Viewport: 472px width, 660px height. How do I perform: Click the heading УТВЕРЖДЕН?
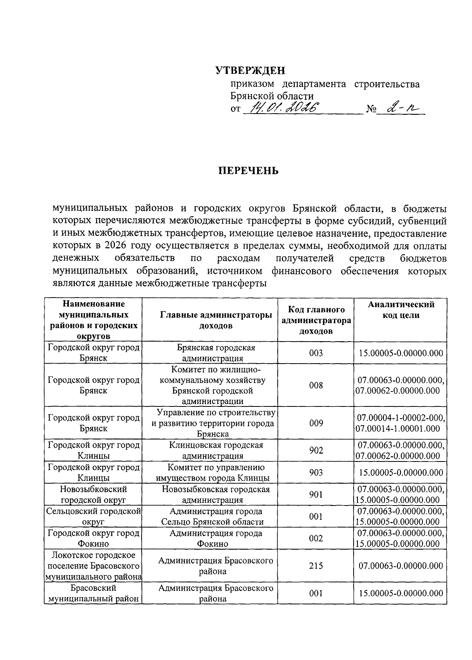coord(250,71)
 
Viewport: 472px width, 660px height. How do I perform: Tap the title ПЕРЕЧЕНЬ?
coord(249,171)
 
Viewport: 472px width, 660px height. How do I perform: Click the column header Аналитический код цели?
coord(401,310)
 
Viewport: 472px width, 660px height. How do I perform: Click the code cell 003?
coord(316,353)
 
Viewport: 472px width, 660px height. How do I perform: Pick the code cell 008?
coord(316,385)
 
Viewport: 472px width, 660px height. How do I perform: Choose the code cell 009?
coord(316,423)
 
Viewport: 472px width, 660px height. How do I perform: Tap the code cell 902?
coord(316,450)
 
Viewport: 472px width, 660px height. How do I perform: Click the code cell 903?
coord(316,472)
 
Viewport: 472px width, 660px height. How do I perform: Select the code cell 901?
coord(316,495)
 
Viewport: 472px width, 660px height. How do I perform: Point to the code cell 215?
coord(316,566)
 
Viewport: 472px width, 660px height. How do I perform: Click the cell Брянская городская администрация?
coord(216,353)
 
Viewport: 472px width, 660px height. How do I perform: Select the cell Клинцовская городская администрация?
coord(216,450)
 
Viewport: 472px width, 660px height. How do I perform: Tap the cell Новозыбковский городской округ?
coord(93,495)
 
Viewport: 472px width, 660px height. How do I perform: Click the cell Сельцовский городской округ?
coord(93,517)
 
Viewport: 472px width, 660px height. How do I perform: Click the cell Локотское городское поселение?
coord(93,566)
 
